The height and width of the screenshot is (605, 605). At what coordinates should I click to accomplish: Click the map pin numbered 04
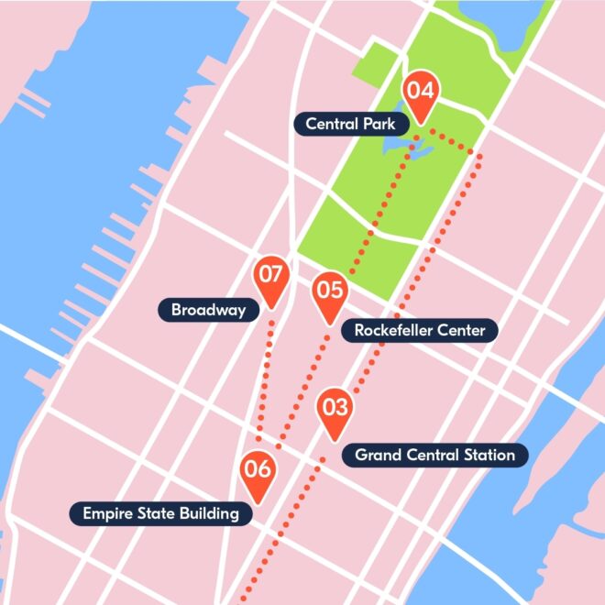421,93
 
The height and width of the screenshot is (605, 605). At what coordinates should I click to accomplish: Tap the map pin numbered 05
329,293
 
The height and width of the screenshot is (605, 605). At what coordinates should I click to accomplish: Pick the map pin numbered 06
258,473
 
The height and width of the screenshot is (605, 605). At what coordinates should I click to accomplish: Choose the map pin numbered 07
270,278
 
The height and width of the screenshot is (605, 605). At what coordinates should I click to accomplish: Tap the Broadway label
208,310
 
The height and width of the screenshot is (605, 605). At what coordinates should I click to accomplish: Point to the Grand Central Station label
434,455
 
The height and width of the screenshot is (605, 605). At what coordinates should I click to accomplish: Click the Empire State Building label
160,513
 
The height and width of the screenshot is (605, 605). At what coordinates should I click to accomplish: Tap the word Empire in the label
106,513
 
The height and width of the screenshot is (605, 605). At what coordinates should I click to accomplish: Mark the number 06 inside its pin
258,469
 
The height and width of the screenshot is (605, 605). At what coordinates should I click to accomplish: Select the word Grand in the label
377,455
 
